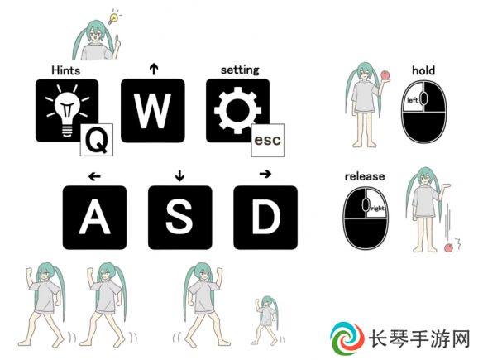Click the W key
click(x=153, y=111)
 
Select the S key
click(x=180, y=218)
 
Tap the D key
click(x=265, y=218)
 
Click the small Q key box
click(x=97, y=140)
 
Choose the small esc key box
click(x=268, y=140)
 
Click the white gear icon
click(x=238, y=110)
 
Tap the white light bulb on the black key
click(x=68, y=110)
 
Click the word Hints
click(x=66, y=70)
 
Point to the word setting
click(x=240, y=70)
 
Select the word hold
click(x=423, y=70)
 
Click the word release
click(x=365, y=176)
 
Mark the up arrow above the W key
click(x=154, y=69)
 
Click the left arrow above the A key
click(x=94, y=176)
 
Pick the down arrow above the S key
click(x=179, y=175)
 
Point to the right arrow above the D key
click(x=265, y=174)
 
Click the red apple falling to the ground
click(x=449, y=247)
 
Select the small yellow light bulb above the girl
click(x=113, y=17)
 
